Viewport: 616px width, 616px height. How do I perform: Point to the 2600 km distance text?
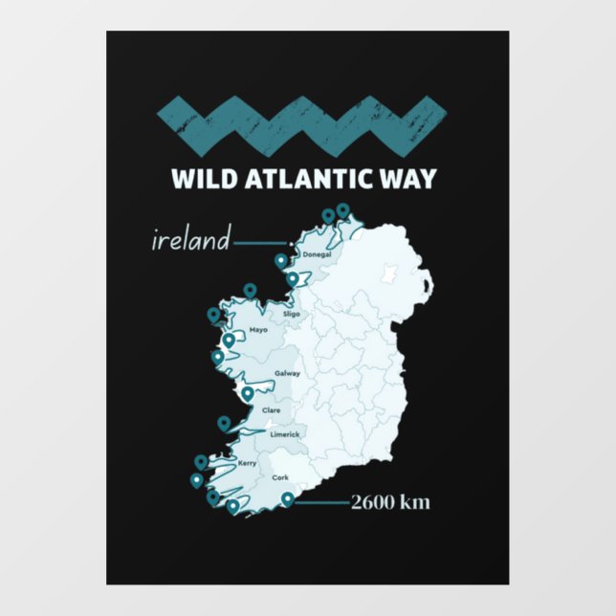click(x=388, y=501)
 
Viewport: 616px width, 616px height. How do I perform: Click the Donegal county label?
click(x=316, y=254)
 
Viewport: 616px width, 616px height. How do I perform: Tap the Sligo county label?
click(x=292, y=313)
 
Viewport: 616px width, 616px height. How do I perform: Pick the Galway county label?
click(x=287, y=373)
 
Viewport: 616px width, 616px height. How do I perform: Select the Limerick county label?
click(x=285, y=434)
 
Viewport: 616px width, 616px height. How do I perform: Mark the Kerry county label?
click(x=247, y=462)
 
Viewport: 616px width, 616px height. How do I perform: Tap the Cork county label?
click(x=280, y=476)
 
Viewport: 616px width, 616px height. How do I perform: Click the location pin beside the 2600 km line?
click(x=288, y=498)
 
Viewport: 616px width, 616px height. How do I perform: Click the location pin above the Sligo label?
click(x=251, y=290)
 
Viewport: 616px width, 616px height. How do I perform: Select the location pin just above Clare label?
click(x=248, y=392)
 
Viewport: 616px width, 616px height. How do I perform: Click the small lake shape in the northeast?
click(x=388, y=275)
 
